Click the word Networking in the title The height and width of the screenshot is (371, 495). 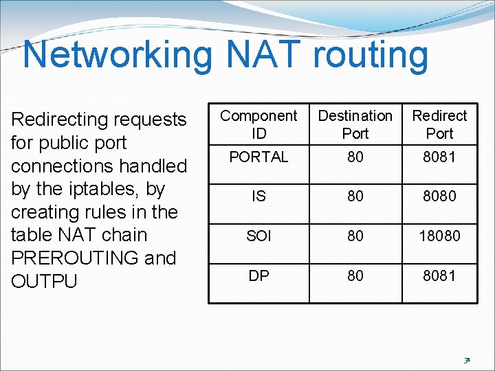[x=118, y=55]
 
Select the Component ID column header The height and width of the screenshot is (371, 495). [x=258, y=124]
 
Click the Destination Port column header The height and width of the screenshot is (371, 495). [x=355, y=124]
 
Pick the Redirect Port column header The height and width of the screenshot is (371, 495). [x=439, y=124]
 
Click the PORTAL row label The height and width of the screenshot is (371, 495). [x=258, y=157]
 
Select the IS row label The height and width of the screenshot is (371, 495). [x=258, y=196]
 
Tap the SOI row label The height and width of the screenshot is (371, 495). [x=258, y=236]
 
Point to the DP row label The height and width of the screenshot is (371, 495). [x=258, y=276]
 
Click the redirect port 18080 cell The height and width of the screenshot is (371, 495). [x=439, y=236]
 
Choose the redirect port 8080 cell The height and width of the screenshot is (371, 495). [x=439, y=196]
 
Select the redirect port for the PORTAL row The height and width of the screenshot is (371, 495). [x=439, y=157]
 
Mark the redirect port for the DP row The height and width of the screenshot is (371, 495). [x=439, y=276]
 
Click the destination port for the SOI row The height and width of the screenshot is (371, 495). [x=355, y=236]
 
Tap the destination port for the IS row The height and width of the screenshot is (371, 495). [x=355, y=196]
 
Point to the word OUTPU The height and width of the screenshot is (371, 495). [x=45, y=282]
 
